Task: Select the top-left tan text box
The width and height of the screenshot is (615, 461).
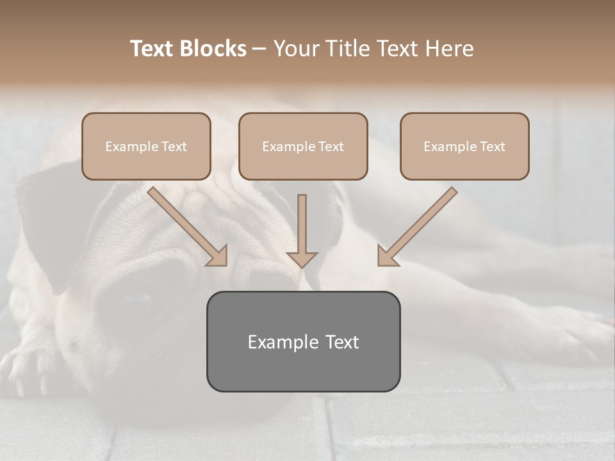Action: pyautogui.click(x=146, y=147)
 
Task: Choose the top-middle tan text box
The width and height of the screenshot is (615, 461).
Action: pyautogui.click(x=303, y=147)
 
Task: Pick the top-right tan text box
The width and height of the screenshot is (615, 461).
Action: pyautogui.click(x=464, y=147)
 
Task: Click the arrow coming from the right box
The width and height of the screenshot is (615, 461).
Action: pyautogui.click(x=420, y=224)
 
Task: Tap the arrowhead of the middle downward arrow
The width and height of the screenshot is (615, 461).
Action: pyautogui.click(x=302, y=259)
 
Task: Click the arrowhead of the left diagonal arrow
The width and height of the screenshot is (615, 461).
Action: pyautogui.click(x=218, y=256)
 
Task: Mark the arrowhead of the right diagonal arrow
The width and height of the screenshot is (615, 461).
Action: pyautogui.click(x=387, y=256)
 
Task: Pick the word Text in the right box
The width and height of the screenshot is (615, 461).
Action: pyautogui.click(x=492, y=147)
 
